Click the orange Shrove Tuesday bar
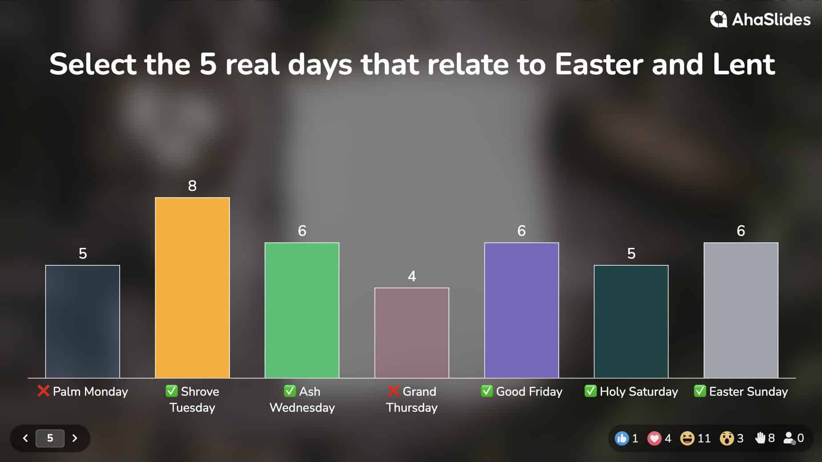pos(192,288)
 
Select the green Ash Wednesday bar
pos(302,310)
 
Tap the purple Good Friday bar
pos(521,310)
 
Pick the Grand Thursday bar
pos(411,332)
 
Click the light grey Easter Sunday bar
pos(741,310)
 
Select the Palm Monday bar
pos(82,321)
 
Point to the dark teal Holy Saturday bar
pos(631,321)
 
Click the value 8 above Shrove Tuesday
pos(192,186)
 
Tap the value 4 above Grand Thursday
pos(411,276)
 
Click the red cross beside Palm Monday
pos(43,391)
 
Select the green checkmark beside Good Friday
pos(487,391)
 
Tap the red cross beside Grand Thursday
pos(393,391)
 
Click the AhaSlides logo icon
pos(718,20)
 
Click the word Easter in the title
pos(599,64)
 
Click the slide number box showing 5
pos(50,438)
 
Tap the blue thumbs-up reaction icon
pos(621,438)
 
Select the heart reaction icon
pos(654,438)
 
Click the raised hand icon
pos(760,438)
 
